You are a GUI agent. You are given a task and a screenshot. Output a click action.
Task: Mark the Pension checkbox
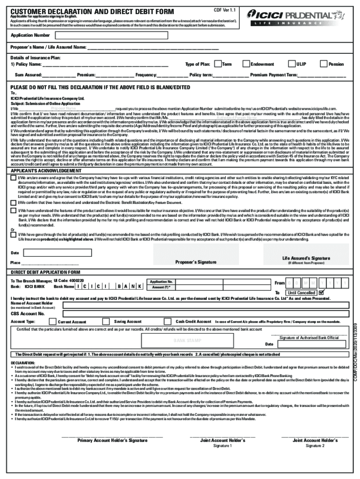point(324,64)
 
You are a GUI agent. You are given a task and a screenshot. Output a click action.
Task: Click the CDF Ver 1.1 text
point(224,10)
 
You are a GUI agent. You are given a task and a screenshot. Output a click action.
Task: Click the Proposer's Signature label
point(196,262)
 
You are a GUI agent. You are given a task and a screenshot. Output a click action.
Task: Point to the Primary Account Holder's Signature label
point(112,440)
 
